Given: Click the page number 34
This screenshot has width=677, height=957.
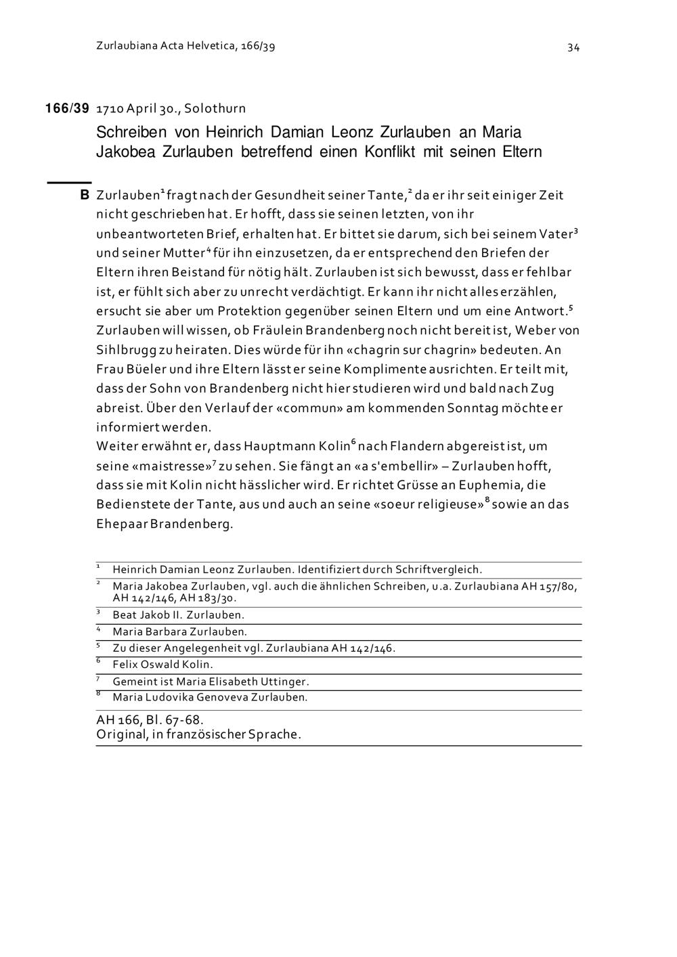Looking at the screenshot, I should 573,47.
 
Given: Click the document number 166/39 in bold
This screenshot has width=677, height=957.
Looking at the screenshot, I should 67,108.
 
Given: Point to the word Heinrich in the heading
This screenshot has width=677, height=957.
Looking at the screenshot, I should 235,131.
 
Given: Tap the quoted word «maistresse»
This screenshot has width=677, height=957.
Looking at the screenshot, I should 173,466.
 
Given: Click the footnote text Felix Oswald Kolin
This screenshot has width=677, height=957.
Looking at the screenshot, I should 162,665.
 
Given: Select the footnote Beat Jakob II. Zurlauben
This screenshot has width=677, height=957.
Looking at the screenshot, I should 178,615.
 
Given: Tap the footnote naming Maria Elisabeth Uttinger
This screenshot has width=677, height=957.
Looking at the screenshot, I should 211,682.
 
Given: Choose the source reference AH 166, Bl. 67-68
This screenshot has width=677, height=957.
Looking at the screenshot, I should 150,719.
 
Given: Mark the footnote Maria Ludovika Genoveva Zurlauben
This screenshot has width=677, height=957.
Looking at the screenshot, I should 210,697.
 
